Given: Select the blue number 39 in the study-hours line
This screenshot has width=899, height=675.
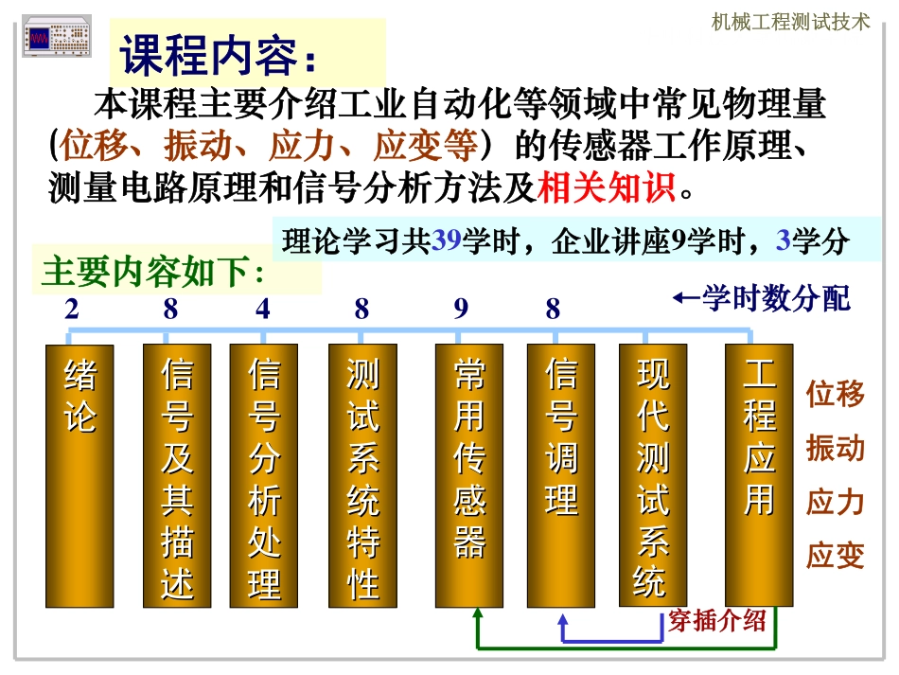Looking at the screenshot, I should click(x=446, y=241).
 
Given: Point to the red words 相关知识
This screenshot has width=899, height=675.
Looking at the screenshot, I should click(x=607, y=187).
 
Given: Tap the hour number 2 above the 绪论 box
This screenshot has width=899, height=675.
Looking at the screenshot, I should click(x=72, y=310).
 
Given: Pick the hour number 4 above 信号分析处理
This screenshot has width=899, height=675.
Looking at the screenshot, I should click(x=263, y=310).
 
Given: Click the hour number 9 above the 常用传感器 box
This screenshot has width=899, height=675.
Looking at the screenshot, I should click(x=461, y=310).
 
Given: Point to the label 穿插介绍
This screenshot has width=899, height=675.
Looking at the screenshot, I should click(x=716, y=621).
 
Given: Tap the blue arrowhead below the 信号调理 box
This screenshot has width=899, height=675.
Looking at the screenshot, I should click(x=564, y=620).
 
